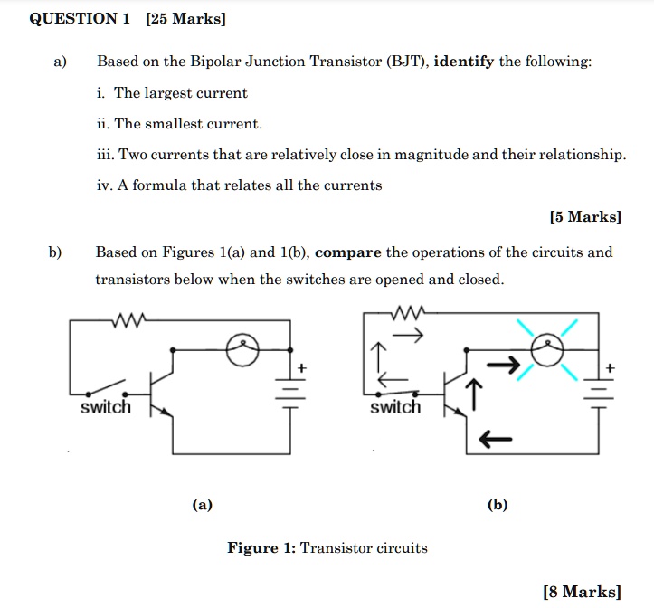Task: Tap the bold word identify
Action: [464, 62]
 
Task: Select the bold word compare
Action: [348, 252]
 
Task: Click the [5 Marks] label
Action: [585, 217]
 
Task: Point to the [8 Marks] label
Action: [582, 592]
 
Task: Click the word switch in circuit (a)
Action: [106, 408]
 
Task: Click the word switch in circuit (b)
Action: [395, 408]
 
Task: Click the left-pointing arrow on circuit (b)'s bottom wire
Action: [489, 440]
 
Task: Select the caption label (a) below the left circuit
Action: [203, 505]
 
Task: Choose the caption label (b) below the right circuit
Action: [498, 505]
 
